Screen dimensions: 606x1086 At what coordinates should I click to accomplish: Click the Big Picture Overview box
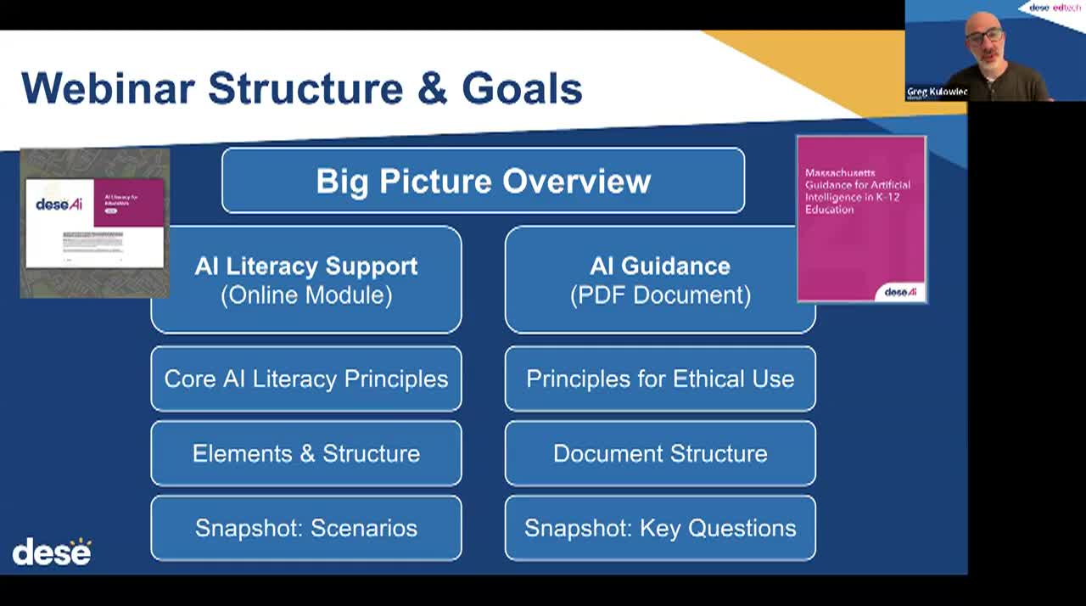(x=483, y=180)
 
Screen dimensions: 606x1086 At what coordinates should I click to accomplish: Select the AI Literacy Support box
(x=306, y=279)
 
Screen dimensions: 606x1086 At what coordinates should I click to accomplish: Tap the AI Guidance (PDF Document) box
(x=659, y=279)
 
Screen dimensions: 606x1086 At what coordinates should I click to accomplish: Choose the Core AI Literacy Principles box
(x=306, y=379)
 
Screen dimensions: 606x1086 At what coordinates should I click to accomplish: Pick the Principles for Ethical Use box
(x=660, y=379)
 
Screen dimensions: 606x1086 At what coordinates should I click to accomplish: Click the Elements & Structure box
(x=306, y=453)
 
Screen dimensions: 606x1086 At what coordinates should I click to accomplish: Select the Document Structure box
(x=660, y=453)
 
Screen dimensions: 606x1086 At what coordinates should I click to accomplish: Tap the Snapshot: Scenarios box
(x=306, y=528)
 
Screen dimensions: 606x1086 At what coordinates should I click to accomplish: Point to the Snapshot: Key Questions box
(x=660, y=528)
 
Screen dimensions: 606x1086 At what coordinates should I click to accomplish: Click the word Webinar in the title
(x=108, y=88)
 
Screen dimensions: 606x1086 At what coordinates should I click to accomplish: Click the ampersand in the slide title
(x=432, y=88)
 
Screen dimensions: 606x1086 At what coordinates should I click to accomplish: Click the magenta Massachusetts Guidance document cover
(x=861, y=219)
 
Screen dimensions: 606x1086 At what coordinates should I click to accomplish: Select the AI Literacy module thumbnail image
(x=94, y=223)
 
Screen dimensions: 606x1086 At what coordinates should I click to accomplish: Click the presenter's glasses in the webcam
(x=984, y=36)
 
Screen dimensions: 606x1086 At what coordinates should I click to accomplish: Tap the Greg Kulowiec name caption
(x=937, y=92)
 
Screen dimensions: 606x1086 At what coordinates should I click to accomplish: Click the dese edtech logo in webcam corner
(x=1055, y=8)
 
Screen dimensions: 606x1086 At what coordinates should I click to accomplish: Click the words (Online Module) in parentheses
(x=306, y=295)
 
